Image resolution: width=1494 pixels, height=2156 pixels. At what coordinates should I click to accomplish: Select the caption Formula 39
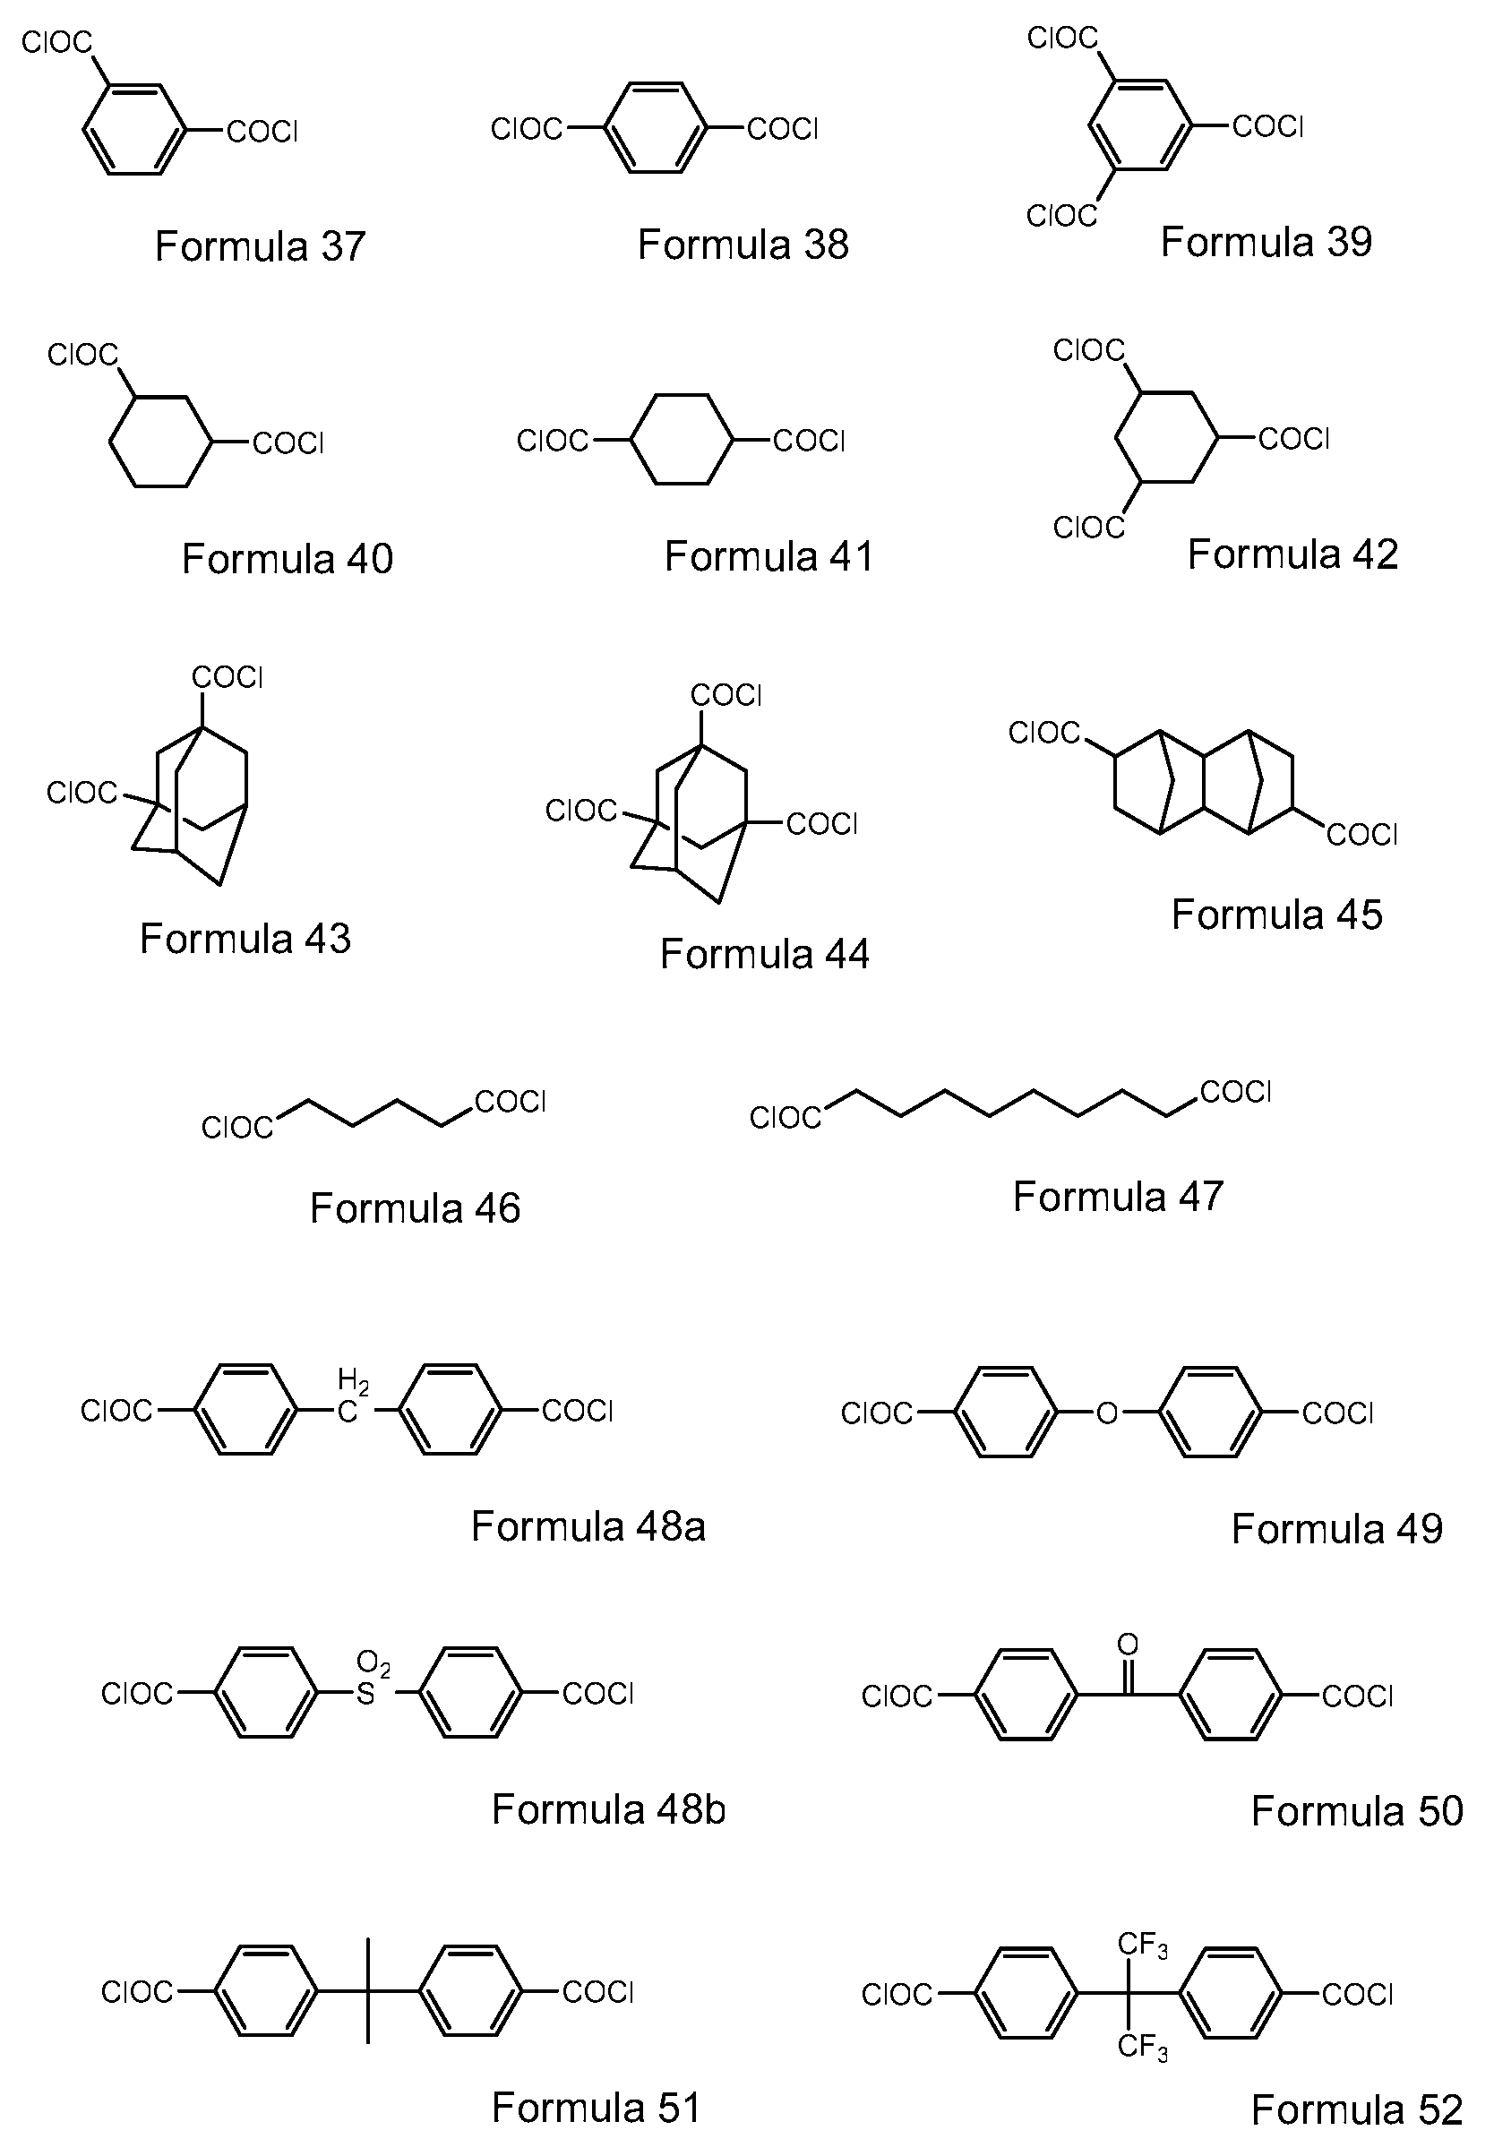pyautogui.click(x=1266, y=242)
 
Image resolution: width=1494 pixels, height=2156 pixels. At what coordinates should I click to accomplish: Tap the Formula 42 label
pyautogui.click(x=1292, y=554)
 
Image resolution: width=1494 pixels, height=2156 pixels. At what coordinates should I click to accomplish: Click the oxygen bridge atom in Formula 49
pyautogui.click(x=1107, y=1412)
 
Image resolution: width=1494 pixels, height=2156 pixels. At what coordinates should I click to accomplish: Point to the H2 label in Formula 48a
pyautogui.click(x=353, y=1381)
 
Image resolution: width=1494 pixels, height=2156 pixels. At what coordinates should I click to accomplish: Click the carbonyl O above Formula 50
pyautogui.click(x=1128, y=1645)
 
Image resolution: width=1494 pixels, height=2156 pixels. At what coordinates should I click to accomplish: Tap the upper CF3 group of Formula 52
pyautogui.click(x=1143, y=1946)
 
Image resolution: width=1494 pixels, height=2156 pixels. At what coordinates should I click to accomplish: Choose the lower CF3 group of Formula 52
pyautogui.click(x=1143, y=2047)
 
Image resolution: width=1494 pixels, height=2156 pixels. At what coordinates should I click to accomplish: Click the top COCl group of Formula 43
pyautogui.click(x=228, y=677)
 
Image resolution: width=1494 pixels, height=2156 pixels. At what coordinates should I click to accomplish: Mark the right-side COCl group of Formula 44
pyautogui.click(x=822, y=824)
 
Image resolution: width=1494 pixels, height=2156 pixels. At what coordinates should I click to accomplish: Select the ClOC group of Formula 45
pyautogui.click(x=1044, y=732)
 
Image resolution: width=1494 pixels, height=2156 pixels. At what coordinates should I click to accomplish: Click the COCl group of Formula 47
pyautogui.click(x=1236, y=1092)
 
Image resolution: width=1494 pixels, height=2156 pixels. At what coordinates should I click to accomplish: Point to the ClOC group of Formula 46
pyautogui.click(x=237, y=1127)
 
